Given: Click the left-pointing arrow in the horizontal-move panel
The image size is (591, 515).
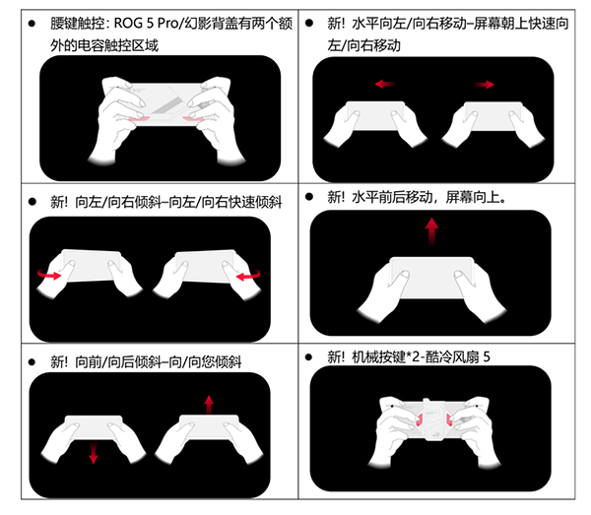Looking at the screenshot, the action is coord(384,84).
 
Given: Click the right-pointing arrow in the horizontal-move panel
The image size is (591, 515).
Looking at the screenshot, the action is coord(485,85).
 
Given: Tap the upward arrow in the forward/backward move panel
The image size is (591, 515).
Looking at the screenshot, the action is coord(431,231).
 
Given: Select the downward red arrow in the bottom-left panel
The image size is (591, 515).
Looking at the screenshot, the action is coord(94,453).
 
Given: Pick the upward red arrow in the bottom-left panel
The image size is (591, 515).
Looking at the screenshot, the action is coord(209,405).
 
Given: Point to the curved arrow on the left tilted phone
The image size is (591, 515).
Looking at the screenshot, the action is coord(49,275).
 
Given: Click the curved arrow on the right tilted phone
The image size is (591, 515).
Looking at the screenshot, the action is coord(248,275).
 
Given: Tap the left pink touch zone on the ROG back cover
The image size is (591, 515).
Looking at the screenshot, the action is coord(139,119).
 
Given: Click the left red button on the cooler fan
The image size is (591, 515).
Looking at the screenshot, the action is coord(420,419).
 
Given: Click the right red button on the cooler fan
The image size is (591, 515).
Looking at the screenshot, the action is coord(449,419).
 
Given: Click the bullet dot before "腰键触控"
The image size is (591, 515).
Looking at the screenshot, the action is coord(33,24).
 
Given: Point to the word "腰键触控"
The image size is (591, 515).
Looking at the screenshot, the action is coord(77,24).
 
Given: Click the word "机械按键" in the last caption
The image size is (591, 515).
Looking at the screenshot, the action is coord(378,356).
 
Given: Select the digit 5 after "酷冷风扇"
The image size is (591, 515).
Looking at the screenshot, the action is coord(487,356).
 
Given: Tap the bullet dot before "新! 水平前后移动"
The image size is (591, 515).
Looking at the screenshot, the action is coord(309,197).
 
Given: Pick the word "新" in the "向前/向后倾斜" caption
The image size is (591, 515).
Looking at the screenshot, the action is coord(57,362).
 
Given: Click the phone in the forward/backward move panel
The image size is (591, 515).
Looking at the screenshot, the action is coord(432,278).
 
